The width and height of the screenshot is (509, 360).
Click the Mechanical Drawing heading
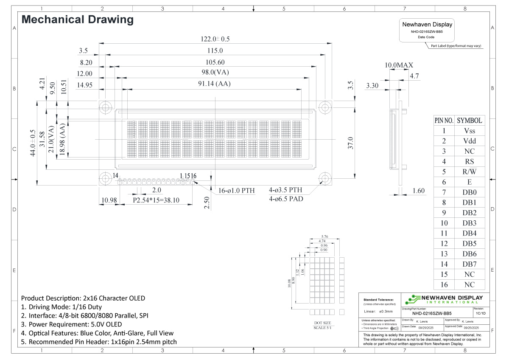tap(77, 20)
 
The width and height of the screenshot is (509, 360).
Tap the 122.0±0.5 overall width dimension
tap(215, 39)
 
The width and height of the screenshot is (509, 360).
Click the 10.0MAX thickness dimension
tap(399, 65)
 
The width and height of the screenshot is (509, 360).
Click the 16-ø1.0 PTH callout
tap(237, 190)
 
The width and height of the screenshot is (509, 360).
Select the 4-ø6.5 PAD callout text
tap(286, 198)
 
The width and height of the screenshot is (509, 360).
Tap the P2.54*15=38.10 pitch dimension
tap(156, 200)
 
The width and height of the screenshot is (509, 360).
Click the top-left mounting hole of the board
tap(104, 106)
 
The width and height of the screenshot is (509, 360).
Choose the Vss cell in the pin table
tap(470, 131)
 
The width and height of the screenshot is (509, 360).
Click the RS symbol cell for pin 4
tap(470, 161)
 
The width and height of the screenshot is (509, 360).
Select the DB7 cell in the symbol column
tap(470, 264)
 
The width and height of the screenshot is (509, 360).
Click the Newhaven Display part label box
tap(427, 30)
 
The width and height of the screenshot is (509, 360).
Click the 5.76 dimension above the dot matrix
tap(325, 236)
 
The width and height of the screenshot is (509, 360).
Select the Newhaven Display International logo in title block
tap(444, 299)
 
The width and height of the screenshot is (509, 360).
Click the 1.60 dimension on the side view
tap(418, 191)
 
